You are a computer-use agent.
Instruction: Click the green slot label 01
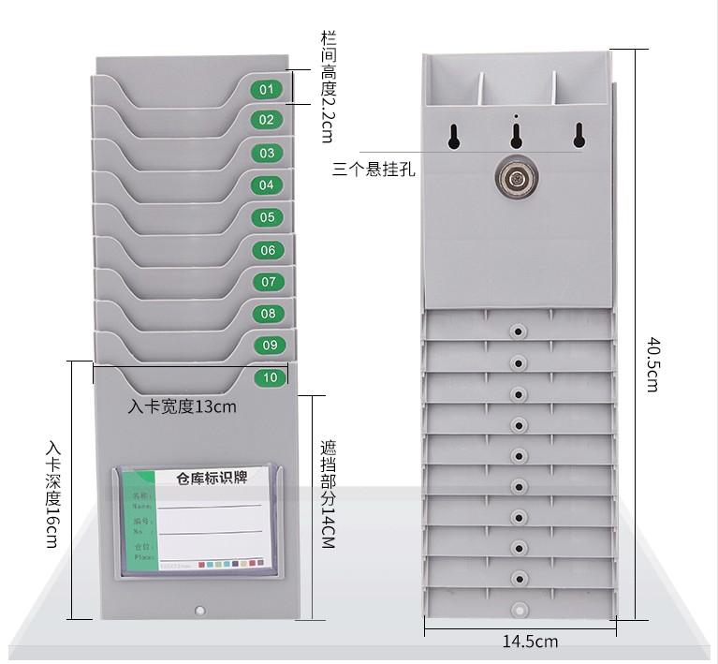click(x=267, y=89)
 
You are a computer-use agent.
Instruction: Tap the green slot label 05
click(x=268, y=217)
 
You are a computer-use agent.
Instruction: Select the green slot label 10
click(x=271, y=378)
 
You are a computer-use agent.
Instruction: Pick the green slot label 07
click(x=269, y=281)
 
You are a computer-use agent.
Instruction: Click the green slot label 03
click(x=268, y=153)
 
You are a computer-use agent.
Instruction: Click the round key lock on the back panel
click(x=515, y=177)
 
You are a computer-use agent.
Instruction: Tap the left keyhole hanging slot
click(x=454, y=135)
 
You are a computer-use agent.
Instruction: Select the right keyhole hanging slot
click(x=579, y=135)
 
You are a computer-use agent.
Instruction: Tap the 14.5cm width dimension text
click(x=530, y=642)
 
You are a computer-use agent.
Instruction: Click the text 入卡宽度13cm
click(x=183, y=406)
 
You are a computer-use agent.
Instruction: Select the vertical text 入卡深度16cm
click(x=51, y=491)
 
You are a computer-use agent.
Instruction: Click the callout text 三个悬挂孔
click(x=374, y=170)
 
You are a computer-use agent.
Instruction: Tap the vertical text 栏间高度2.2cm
click(x=327, y=85)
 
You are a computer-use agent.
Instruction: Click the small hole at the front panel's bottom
click(x=198, y=612)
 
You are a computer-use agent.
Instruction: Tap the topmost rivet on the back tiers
click(x=517, y=332)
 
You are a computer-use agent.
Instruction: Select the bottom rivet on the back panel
click(x=517, y=609)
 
